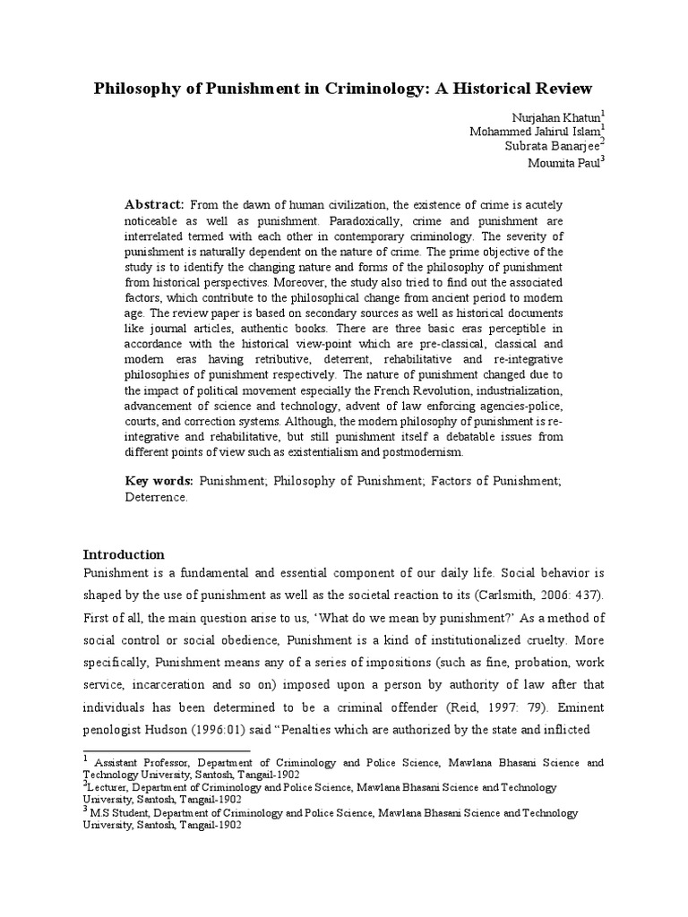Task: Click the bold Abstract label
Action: [x=154, y=205]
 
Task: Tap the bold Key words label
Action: [x=159, y=481]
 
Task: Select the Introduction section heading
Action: [x=124, y=554]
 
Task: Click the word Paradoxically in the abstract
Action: [x=363, y=220]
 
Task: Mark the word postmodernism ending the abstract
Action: [x=425, y=453]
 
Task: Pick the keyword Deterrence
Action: [x=156, y=497]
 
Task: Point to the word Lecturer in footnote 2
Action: [x=110, y=788]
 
